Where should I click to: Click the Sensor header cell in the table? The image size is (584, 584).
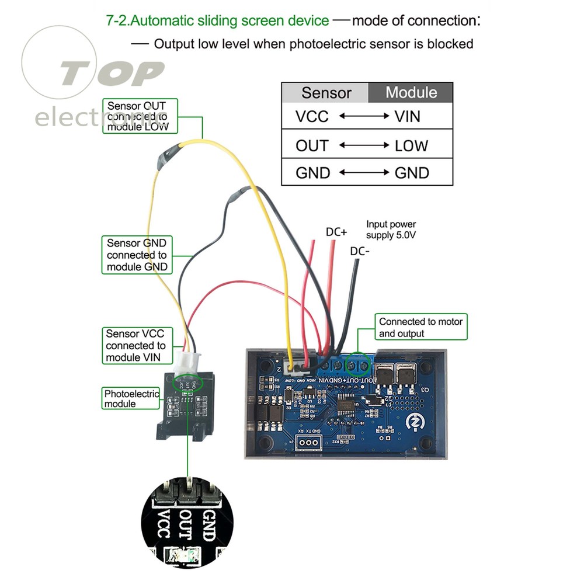tap(326, 93)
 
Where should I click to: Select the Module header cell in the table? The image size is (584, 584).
tap(411, 92)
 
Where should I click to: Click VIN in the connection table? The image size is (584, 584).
tap(407, 117)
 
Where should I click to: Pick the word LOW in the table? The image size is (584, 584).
tap(411, 145)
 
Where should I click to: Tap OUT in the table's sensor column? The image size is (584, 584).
tap(312, 145)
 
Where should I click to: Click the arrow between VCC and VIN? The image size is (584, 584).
tap(364, 116)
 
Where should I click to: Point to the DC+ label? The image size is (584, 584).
tap(336, 232)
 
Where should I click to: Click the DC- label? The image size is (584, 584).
tap(360, 252)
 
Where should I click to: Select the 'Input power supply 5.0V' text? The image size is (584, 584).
tap(391, 229)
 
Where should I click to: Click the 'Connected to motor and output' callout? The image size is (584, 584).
tap(420, 328)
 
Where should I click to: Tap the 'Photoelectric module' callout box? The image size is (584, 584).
tap(131, 398)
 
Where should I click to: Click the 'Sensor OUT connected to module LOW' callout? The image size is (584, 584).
tap(140, 116)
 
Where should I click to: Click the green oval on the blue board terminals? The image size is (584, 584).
tap(357, 365)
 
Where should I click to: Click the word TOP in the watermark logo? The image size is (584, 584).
tap(111, 74)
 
